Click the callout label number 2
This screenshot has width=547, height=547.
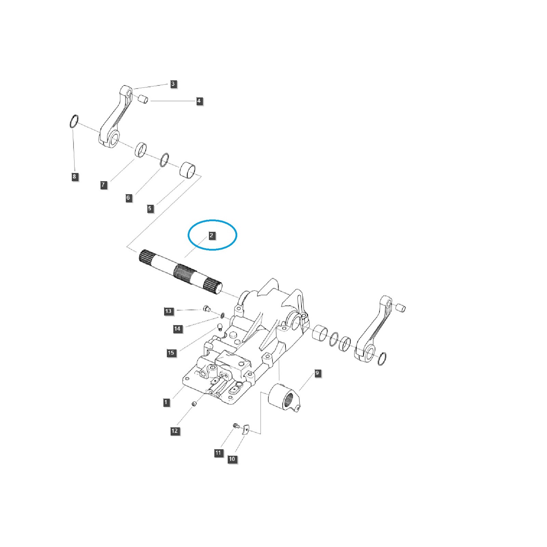[x=211, y=235]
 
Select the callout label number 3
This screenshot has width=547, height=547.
[x=173, y=84]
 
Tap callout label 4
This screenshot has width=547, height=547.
[x=199, y=101]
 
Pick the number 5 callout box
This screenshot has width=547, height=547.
[x=150, y=209]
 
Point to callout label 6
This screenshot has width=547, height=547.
[x=128, y=198]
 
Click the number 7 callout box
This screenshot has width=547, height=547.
[x=103, y=185]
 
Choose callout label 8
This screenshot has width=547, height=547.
[x=74, y=177]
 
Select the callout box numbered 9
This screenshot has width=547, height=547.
[x=317, y=373]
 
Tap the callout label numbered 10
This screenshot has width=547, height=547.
[x=232, y=459]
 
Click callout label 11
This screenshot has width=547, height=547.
[x=218, y=453]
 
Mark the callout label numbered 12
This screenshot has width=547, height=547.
[x=175, y=431]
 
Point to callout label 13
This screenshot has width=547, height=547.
[x=168, y=311]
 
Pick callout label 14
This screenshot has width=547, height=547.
[x=177, y=329]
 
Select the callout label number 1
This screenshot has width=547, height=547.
[x=166, y=402]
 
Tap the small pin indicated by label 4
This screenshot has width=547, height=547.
[x=143, y=99]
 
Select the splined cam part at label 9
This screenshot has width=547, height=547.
[x=285, y=398]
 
